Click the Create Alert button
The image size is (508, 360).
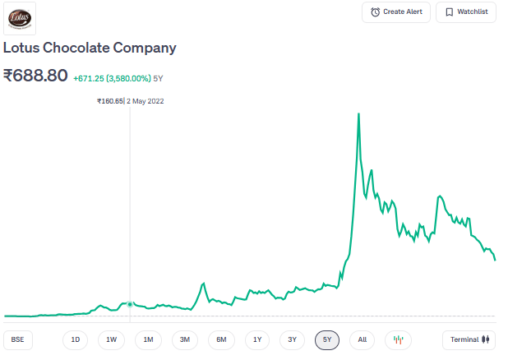tap(395, 12)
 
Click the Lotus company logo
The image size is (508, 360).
tap(20, 18)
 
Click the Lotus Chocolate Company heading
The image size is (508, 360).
tap(90, 48)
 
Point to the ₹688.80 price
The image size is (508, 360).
tap(35, 76)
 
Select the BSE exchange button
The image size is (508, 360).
tap(16, 339)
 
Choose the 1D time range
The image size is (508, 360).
tap(75, 339)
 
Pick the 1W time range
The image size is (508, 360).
tap(111, 339)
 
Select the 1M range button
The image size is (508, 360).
tap(148, 339)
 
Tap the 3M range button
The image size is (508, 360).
tap(184, 339)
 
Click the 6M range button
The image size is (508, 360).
tap(221, 339)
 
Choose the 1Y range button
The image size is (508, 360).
tap(257, 339)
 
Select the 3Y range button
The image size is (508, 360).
tap(292, 339)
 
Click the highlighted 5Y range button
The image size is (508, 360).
tap(327, 339)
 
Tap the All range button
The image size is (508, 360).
tap(363, 339)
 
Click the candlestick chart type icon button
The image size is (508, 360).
tap(398, 339)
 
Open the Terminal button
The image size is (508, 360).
tap(469, 339)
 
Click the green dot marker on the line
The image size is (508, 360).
tap(130, 304)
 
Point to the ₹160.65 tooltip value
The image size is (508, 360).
tap(109, 101)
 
